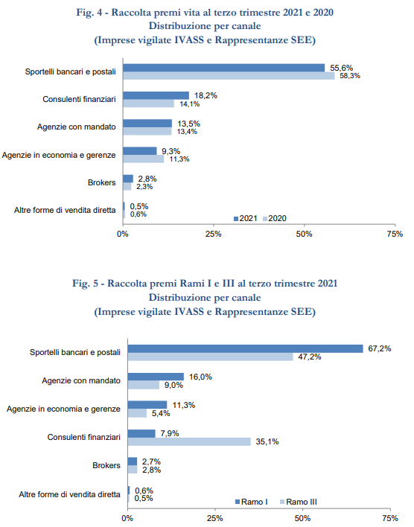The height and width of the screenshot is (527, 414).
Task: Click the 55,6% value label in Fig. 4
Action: coord(341,68)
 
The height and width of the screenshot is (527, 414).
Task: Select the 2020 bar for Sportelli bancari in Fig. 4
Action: coord(229,76)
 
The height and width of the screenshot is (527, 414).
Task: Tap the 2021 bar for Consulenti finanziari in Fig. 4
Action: coord(156,95)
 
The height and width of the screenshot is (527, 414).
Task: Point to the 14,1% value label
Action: coord(189,104)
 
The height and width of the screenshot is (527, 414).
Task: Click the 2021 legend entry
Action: coord(246,218)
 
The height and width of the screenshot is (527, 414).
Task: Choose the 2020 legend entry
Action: coord(275,218)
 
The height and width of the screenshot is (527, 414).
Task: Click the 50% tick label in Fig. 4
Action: coord(304,234)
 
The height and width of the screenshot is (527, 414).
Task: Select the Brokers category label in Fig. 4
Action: coord(101,182)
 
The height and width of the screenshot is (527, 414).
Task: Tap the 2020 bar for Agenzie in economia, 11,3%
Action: coord(144,159)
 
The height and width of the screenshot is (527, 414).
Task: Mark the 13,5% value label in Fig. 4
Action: coord(188,124)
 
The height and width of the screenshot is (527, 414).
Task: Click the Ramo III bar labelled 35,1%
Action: coord(189,441)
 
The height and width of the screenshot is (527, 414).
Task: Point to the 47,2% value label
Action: coord(310,357)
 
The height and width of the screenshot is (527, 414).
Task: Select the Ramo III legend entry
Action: coord(299,502)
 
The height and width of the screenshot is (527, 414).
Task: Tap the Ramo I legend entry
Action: coord(251,502)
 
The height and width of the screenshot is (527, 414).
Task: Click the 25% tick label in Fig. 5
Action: coord(215,518)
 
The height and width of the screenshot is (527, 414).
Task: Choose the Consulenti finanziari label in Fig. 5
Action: coord(83,437)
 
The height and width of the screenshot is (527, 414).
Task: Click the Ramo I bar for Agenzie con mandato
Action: coord(156,377)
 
